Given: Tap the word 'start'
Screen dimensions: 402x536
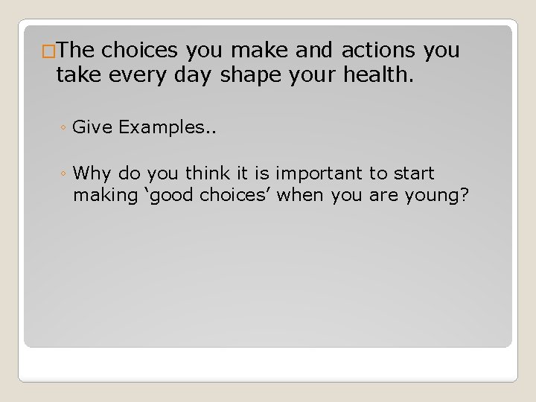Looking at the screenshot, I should tap(413, 174).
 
